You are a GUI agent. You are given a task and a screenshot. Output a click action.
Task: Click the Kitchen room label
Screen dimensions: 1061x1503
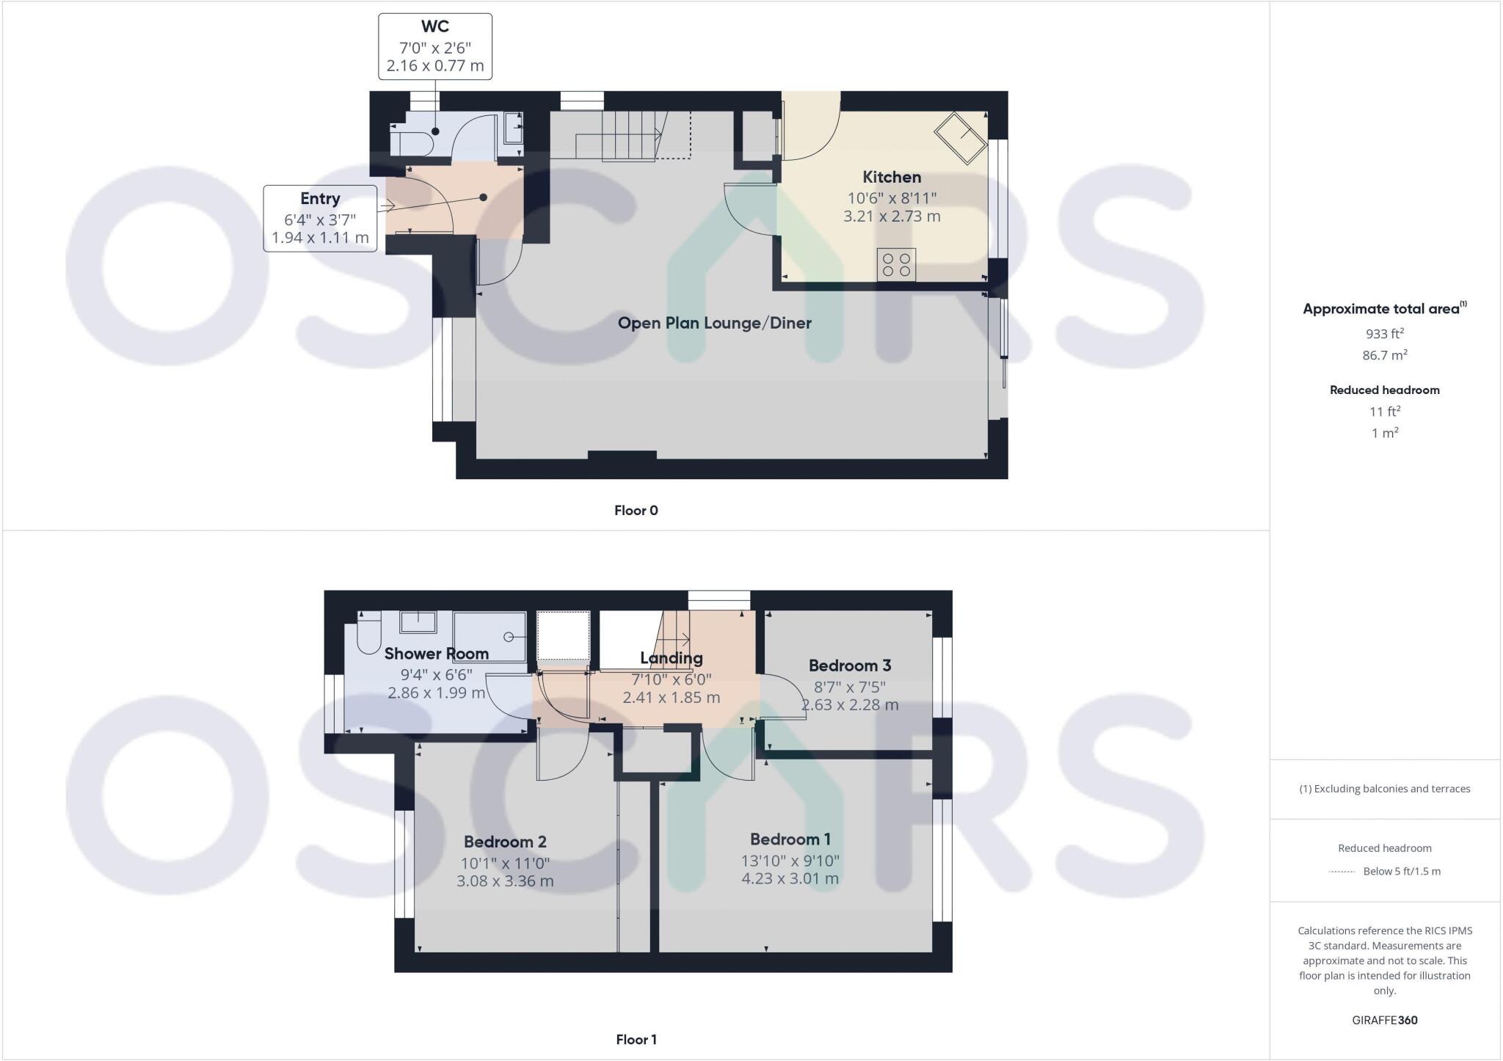click(x=892, y=177)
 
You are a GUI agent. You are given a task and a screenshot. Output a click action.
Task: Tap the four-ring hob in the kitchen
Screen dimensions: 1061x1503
click(x=896, y=265)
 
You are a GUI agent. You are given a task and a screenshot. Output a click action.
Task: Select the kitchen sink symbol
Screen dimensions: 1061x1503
click(x=960, y=138)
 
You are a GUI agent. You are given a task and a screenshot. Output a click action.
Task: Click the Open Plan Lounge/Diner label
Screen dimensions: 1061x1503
click(x=714, y=323)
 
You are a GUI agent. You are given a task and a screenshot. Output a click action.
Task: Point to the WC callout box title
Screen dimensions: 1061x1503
click(x=434, y=27)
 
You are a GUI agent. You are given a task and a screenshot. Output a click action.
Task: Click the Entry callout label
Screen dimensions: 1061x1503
click(x=320, y=199)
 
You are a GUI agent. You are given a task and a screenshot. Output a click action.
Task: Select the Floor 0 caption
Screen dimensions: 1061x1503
click(x=636, y=511)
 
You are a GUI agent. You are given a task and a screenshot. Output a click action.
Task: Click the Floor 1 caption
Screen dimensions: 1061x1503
click(x=636, y=1040)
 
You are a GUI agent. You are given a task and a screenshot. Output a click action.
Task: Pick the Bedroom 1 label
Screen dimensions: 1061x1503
click(x=790, y=839)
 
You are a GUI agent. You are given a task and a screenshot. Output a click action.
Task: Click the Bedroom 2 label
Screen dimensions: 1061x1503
click(x=505, y=842)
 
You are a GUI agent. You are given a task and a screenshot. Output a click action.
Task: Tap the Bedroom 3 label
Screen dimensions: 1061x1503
click(x=849, y=666)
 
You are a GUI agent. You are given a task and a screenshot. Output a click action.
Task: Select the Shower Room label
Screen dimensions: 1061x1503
click(x=436, y=654)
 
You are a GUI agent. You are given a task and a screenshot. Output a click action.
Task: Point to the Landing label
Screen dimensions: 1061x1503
click(x=671, y=658)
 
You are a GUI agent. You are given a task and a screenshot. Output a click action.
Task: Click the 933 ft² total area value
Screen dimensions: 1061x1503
click(x=1384, y=334)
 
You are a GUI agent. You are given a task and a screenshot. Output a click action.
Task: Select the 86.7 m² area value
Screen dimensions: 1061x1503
click(x=1384, y=355)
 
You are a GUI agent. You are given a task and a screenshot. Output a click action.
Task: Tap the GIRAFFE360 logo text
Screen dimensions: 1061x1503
click(x=1384, y=1020)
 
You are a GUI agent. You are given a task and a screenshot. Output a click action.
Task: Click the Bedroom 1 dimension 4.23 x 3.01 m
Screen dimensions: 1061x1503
click(x=790, y=878)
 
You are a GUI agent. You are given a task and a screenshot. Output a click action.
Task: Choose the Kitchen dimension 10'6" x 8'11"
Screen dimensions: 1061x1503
click(x=892, y=198)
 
